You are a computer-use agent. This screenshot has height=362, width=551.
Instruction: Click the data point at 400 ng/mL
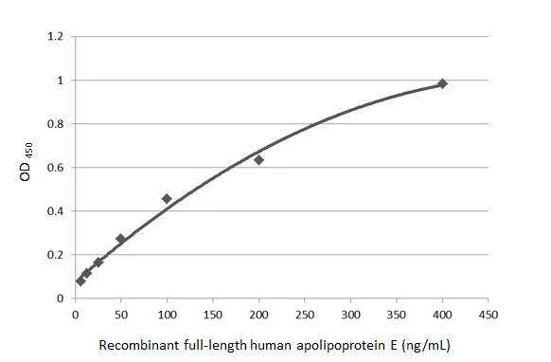(442, 83)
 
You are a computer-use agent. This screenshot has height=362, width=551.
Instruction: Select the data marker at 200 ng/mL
(258, 159)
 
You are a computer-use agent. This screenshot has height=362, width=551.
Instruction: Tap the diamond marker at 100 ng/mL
(167, 198)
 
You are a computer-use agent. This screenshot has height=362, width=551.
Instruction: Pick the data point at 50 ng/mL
(120, 239)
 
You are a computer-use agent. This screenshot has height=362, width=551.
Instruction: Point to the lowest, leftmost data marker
(80, 281)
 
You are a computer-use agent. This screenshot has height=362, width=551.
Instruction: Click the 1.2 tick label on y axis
(55, 37)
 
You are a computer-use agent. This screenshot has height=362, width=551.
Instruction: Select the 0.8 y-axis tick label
(55, 124)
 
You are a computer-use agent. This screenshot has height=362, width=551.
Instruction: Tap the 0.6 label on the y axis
(55, 168)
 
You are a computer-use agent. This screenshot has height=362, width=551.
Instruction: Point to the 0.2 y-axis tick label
(55, 255)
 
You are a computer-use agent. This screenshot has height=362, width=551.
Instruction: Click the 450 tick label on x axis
(488, 316)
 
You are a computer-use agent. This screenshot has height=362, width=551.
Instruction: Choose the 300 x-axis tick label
(350, 316)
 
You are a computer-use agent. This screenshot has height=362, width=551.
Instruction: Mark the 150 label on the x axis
(212, 316)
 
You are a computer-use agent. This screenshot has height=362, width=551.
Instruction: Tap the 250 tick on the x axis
(304, 316)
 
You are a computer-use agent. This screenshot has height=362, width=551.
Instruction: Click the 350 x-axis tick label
(396, 316)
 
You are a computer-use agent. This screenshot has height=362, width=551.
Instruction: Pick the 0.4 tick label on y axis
(55, 211)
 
